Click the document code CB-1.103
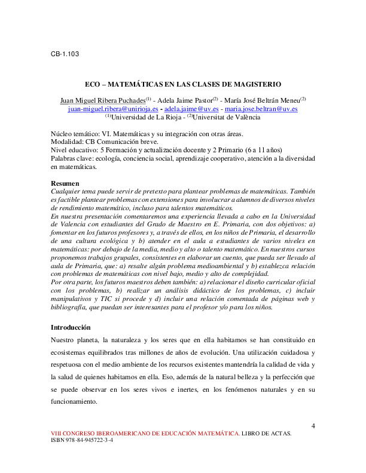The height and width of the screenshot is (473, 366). point(65,54)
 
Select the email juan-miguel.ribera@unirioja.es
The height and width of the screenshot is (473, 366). point(113,109)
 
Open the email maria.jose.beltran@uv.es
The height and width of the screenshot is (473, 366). point(261,109)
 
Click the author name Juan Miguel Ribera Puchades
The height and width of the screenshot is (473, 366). point(103,100)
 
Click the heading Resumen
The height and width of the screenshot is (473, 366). point(63,182)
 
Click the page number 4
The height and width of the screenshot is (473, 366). point(313,425)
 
